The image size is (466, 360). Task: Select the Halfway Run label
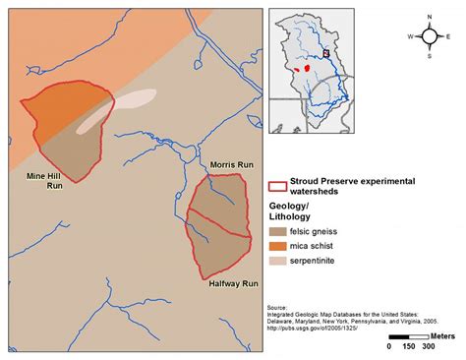click(233, 282)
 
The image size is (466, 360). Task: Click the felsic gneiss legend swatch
click(280, 229)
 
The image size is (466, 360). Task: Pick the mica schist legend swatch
click(280, 245)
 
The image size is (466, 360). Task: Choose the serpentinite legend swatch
click(280, 262)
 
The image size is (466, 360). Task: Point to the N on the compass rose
click(431, 17)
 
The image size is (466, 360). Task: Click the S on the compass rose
click(431, 55)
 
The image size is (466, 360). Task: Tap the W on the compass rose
click(411, 35)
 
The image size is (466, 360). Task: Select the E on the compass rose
click(450, 35)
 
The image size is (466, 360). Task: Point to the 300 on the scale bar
click(428, 346)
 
